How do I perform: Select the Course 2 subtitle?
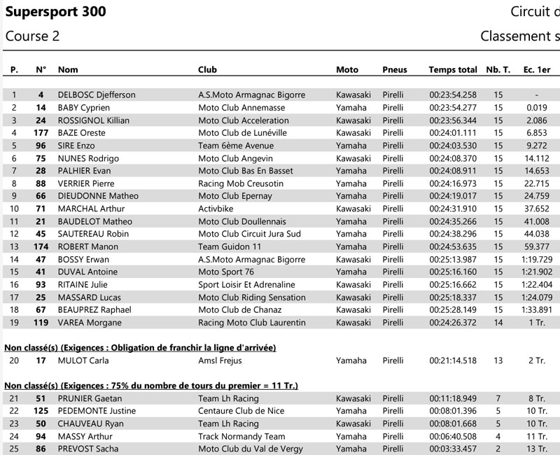point(32,36)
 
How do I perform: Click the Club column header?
point(208,69)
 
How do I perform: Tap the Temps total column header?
point(452,69)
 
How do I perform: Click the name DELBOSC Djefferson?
point(97,95)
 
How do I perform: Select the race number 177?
point(41,133)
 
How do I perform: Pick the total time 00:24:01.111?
point(452,133)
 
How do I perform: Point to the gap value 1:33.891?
point(535,309)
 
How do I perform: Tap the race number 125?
point(41,411)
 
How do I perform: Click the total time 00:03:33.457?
point(452,449)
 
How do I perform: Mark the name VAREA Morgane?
point(90,323)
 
